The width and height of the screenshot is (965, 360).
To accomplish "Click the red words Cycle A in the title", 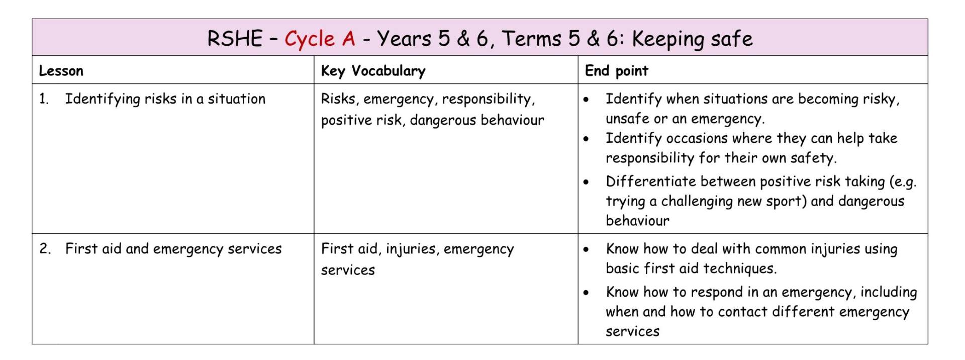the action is (x=320, y=39).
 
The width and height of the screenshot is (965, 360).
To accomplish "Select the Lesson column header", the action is (x=61, y=71).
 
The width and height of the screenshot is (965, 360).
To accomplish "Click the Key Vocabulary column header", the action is (x=373, y=71).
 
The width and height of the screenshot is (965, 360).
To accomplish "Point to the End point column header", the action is (x=617, y=71).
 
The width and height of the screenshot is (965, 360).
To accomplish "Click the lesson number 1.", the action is (x=44, y=99).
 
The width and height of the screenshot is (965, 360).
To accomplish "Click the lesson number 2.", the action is (x=45, y=249).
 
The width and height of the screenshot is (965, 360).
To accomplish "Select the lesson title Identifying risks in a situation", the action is (x=165, y=99).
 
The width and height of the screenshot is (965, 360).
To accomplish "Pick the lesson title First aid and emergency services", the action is (x=173, y=249).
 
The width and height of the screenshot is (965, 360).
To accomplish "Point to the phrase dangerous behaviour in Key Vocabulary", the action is (x=477, y=120).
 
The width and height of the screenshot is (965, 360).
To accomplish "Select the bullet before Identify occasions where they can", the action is (x=586, y=139).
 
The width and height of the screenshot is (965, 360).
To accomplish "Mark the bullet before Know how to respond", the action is (x=586, y=293).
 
